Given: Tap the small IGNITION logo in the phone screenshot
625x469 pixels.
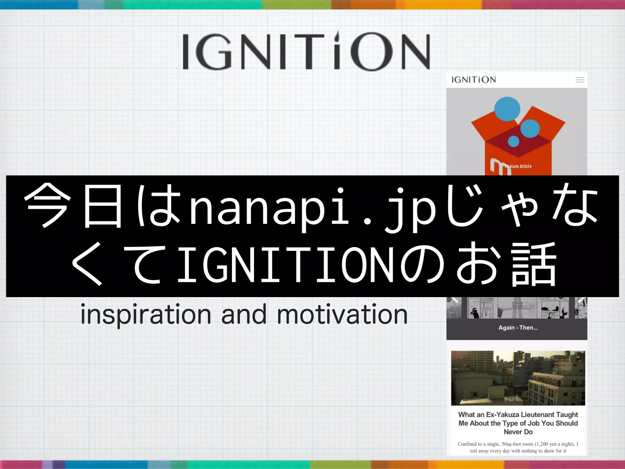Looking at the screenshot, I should [474, 80].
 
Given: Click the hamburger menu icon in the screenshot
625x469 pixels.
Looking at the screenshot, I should [580, 80].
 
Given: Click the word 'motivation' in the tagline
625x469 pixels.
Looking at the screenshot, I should [342, 315].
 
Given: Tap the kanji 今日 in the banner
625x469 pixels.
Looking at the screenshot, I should [73, 206].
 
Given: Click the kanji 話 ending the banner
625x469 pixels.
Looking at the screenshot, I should [534, 264].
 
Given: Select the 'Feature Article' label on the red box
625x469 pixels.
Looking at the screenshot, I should [518, 166].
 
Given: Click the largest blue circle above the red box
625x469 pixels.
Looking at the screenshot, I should [507, 109].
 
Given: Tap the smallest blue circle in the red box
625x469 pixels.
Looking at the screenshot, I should [514, 141].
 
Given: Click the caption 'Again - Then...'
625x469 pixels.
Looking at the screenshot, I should [518, 328].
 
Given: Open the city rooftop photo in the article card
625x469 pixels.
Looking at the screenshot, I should [518, 378].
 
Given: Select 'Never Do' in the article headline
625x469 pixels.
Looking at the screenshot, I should [518, 432].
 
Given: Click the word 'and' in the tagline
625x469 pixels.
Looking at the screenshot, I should [244, 315].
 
